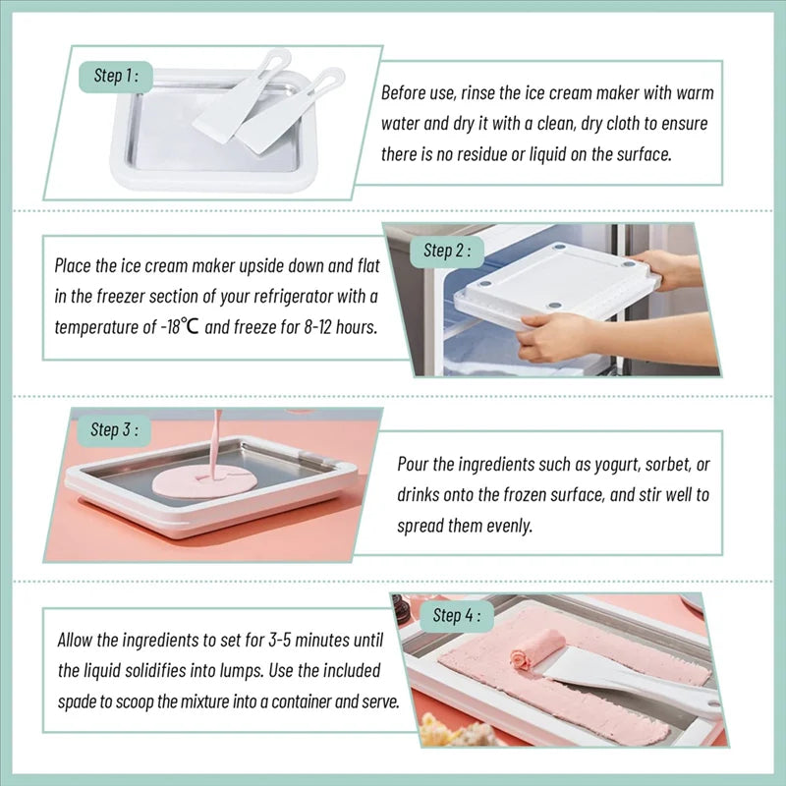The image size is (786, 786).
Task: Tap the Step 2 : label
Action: pyautogui.click(x=446, y=251)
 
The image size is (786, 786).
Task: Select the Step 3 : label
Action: pyautogui.click(x=115, y=429)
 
